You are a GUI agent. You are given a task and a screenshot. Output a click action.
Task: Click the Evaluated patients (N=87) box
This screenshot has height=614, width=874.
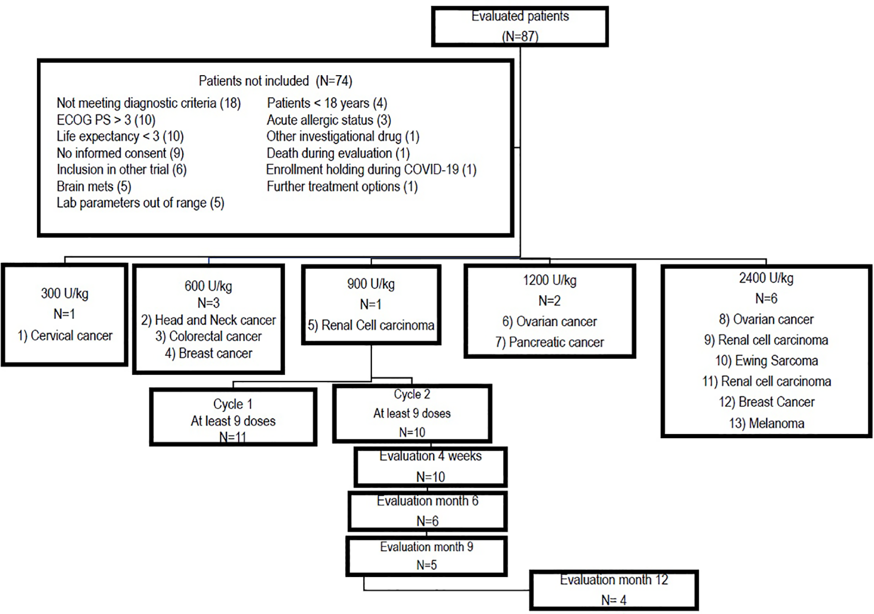[520, 26]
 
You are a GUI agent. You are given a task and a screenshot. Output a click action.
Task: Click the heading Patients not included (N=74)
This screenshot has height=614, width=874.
[275, 81]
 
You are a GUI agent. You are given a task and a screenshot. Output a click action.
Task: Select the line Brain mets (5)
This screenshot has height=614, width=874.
[94, 186]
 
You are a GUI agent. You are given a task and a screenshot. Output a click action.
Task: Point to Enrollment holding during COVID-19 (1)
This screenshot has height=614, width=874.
[371, 170]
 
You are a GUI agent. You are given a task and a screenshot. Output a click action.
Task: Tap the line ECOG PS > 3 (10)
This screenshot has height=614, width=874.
[106, 120]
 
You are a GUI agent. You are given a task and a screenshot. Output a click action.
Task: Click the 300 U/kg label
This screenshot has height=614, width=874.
[65, 293]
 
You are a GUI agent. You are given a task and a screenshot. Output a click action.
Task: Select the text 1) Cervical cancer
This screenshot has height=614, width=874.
[65, 336]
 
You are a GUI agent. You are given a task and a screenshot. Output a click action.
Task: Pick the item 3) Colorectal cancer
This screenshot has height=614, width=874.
[208, 336]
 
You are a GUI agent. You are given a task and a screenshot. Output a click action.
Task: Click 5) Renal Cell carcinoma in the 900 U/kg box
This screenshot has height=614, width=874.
[371, 325]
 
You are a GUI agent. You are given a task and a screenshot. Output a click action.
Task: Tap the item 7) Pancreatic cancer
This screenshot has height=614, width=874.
[549, 342]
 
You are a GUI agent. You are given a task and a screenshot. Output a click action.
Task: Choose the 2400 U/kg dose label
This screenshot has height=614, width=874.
[766, 278]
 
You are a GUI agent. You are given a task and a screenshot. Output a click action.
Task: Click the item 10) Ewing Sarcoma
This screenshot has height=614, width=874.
[766, 361]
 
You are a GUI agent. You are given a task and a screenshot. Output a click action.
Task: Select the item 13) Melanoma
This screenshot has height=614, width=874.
[766, 423]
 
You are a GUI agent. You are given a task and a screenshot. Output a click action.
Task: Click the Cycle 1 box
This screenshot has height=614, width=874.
[233, 417]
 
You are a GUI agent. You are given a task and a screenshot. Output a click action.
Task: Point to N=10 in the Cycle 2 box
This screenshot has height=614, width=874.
[412, 432]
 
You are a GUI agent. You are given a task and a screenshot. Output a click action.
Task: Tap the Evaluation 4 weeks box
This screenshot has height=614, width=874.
[430, 466]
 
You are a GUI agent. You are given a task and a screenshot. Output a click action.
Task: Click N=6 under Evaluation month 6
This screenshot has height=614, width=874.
[427, 521]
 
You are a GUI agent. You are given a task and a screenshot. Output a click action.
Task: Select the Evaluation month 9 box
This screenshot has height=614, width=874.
[426, 556]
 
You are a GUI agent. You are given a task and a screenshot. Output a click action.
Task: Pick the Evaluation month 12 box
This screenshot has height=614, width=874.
[614, 590]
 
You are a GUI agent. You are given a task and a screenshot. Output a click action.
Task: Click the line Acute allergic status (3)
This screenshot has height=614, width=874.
[329, 120]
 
